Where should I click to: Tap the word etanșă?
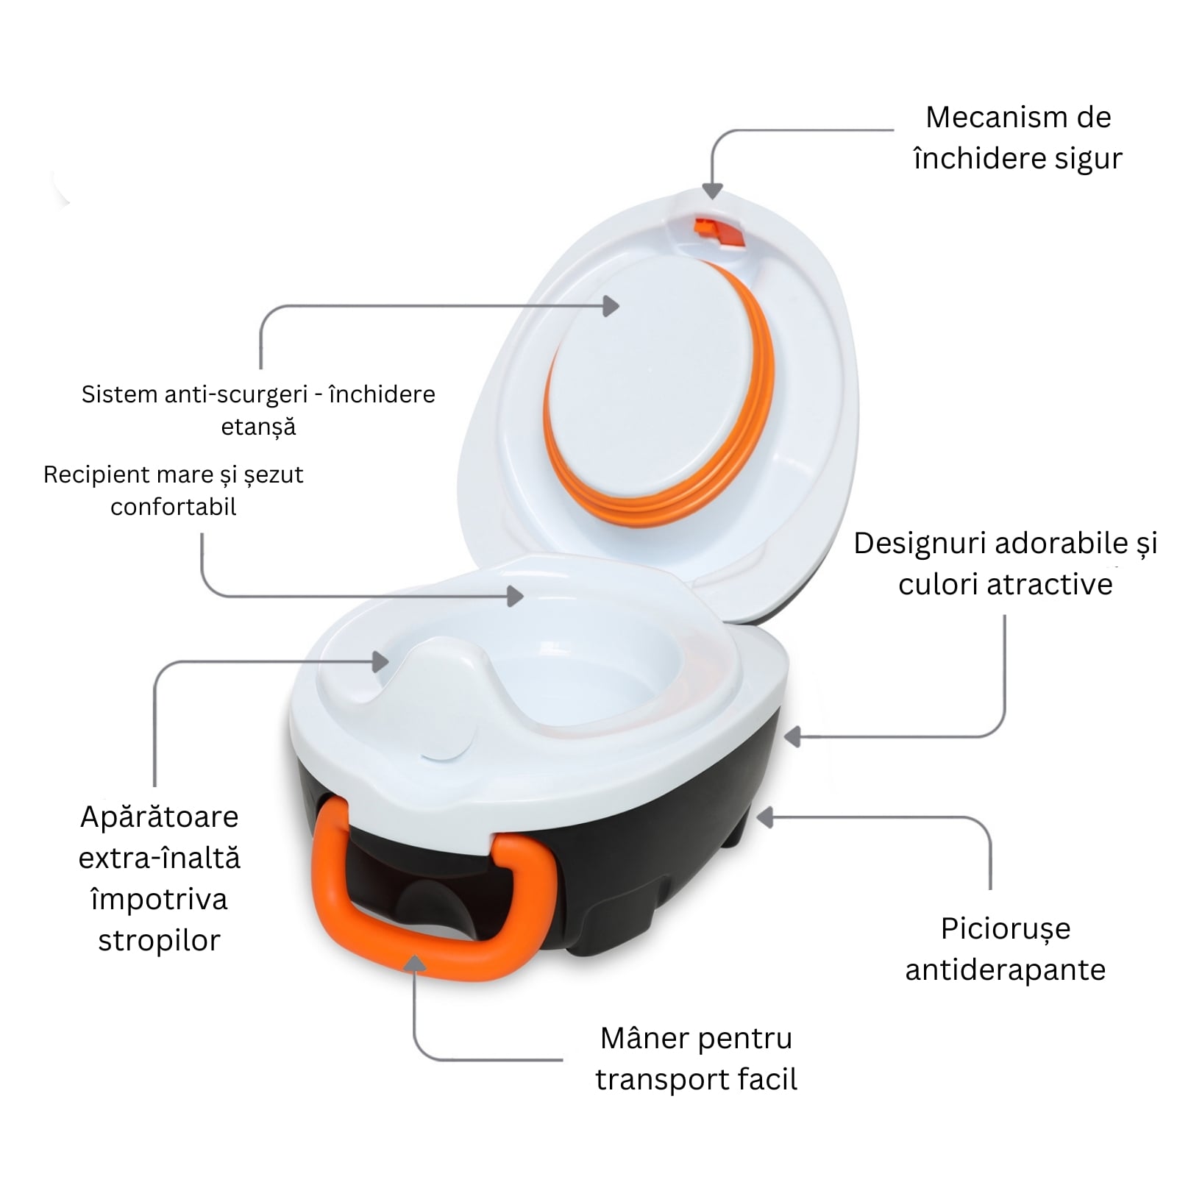click(x=258, y=427)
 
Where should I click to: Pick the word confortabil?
click(x=174, y=507)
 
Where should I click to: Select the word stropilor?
click(x=160, y=942)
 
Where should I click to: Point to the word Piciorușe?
click(x=1006, y=930)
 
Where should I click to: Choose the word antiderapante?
click(x=1006, y=970)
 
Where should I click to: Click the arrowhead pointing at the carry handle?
click(x=416, y=964)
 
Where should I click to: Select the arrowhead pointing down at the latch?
click(x=712, y=191)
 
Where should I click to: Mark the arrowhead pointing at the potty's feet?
click(x=766, y=817)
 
